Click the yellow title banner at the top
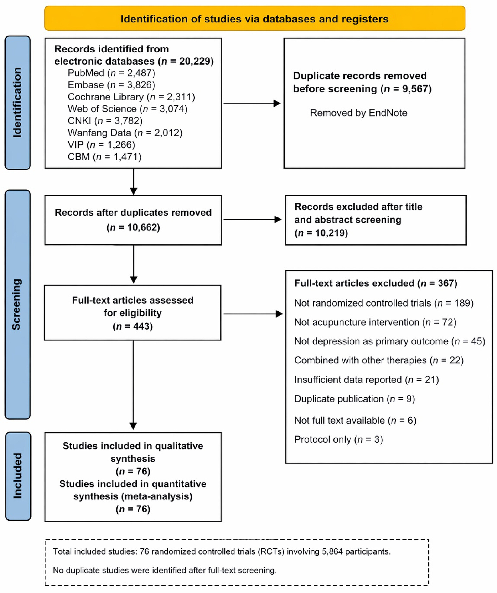[x=255, y=18]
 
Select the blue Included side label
[x=18, y=476]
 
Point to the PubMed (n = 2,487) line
[x=111, y=73]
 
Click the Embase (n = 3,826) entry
[x=111, y=85]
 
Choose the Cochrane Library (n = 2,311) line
[x=131, y=97]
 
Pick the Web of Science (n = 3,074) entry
[x=127, y=109]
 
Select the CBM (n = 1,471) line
[x=105, y=157]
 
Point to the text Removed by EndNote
[x=359, y=113]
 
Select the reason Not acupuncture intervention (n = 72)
[x=375, y=322]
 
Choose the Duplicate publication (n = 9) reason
[x=355, y=399]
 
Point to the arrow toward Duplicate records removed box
[x=252, y=103]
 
